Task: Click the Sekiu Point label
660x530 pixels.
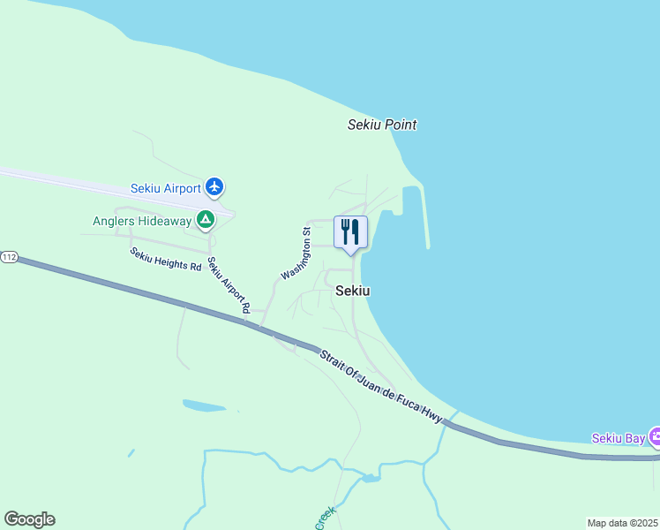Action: pyautogui.click(x=382, y=125)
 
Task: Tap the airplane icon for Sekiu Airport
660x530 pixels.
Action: pyautogui.click(x=214, y=187)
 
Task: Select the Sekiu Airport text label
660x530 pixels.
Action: pyautogui.click(x=166, y=188)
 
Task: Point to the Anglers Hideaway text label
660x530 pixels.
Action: pyautogui.click(x=142, y=221)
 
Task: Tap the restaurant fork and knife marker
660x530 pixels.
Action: pyautogui.click(x=350, y=233)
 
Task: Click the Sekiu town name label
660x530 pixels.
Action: pyautogui.click(x=352, y=291)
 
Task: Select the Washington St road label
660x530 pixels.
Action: pyautogui.click(x=296, y=254)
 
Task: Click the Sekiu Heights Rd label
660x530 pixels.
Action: pyautogui.click(x=165, y=259)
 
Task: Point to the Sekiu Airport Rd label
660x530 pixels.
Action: pyautogui.click(x=229, y=286)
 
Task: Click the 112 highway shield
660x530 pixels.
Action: pyautogui.click(x=9, y=257)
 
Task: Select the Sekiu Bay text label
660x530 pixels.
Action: pyautogui.click(x=618, y=438)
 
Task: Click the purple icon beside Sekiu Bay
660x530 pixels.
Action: pyautogui.click(x=655, y=436)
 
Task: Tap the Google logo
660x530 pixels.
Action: pyautogui.click(x=29, y=519)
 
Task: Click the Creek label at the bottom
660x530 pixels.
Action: pyautogui.click(x=325, y=518)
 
